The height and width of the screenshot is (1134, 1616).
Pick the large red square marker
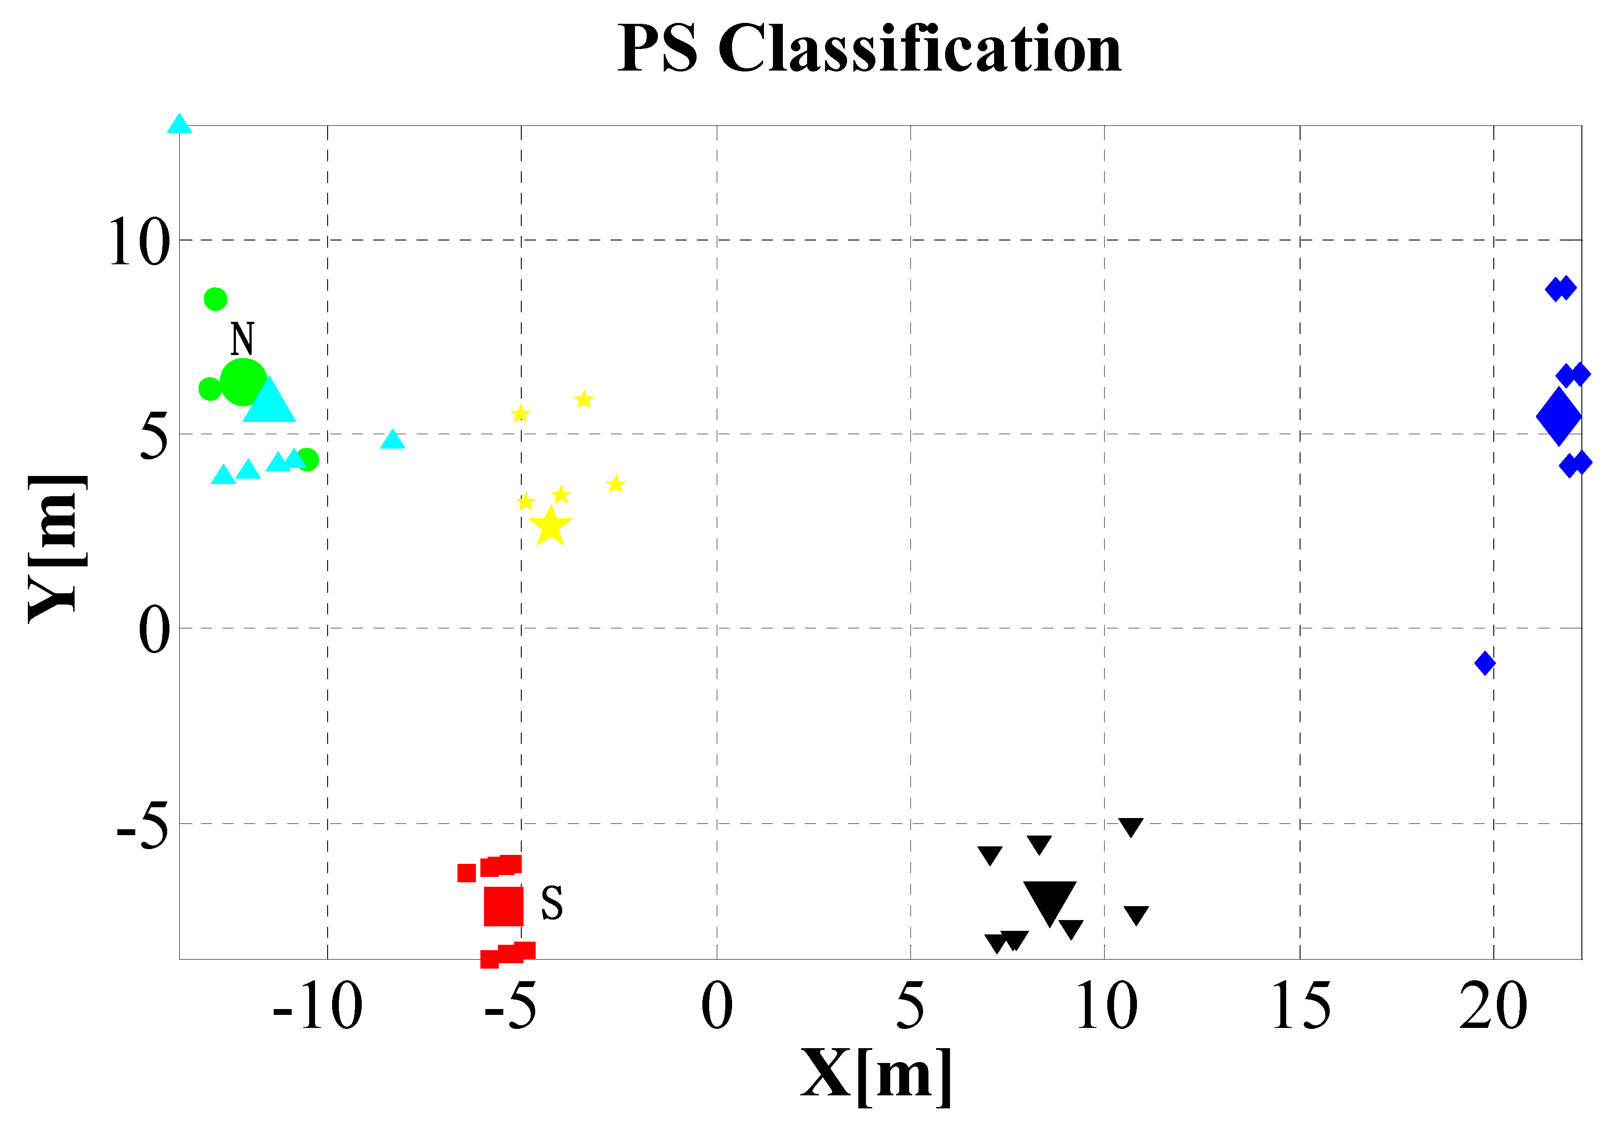[504, 906]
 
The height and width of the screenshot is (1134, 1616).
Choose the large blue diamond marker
[1558, 417]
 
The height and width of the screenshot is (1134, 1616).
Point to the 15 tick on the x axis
[1301, 1007]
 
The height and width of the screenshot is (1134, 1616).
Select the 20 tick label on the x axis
[1493, 1007]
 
